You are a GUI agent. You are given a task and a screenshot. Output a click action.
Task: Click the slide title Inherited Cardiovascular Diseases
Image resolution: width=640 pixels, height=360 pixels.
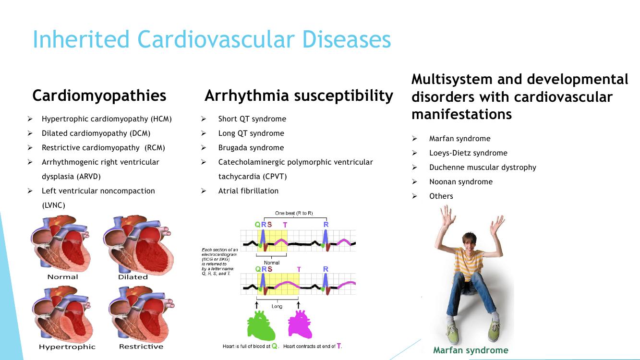click(212, 39)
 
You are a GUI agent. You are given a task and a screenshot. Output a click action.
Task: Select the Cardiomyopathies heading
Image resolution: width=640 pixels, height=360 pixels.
click(99, 96)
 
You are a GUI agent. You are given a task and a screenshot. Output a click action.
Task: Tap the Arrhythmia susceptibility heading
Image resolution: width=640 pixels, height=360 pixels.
click(299, 96)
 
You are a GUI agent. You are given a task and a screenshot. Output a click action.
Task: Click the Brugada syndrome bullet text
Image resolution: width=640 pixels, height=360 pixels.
click(251, 148)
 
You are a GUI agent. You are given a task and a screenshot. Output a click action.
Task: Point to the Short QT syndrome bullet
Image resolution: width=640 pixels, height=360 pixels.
click(252, 119)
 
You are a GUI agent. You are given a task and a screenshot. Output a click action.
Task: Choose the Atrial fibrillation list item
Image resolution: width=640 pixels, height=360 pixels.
click(248, 191)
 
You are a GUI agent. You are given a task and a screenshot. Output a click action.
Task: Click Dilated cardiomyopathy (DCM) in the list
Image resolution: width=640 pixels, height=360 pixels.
click(96, 133)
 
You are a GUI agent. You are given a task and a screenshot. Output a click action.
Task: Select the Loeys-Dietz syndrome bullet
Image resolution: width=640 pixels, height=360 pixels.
click(468, 153)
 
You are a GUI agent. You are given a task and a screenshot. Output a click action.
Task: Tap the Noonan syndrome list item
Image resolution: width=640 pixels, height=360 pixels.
click(461, 182)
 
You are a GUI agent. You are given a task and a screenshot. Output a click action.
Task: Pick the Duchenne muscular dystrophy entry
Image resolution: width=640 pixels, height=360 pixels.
click(483, 168)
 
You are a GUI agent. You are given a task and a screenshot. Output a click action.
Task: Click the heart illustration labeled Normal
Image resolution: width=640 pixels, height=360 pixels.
click(61, 244)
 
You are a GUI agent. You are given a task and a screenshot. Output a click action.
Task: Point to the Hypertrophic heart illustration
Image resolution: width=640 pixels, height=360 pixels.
click(62, 315)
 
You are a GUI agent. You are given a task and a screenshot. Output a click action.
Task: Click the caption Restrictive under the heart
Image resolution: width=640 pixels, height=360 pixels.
click(141, 347)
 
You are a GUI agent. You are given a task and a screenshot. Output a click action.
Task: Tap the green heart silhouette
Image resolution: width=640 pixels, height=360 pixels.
click(261, 326)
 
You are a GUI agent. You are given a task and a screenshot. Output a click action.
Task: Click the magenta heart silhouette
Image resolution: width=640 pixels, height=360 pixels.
click(300, 324)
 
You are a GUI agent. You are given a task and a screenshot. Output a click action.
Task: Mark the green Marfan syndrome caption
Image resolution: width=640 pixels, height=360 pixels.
click(471, 350)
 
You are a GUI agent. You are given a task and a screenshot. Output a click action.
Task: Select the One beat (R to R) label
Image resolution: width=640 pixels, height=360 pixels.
click(294, 213)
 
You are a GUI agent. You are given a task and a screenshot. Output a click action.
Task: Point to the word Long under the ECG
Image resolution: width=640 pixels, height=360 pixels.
click(277, 306)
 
